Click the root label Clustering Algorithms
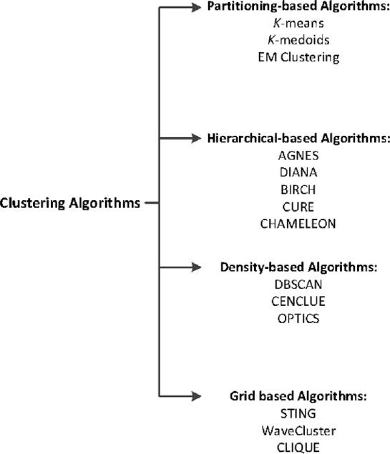[70, 203]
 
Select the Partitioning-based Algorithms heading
[298, 6]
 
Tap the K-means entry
[298, 23]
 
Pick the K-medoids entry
[298, 40]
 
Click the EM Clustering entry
[298, 57]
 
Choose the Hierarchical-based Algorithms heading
[298, 139]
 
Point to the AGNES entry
[298, 156]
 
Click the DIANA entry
[298, 172]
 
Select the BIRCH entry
[298, 189]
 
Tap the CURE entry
[298, 207]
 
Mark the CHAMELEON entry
[298, 224]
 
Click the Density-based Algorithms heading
[298, 267]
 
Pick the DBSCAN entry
[298, 285]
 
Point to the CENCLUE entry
[298, 302]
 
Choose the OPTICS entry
[298, 318]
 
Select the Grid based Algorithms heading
[298, 396]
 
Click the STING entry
[298, 413]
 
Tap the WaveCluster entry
[298, 430]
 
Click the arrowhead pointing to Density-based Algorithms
[196, 267]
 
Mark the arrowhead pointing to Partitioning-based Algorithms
[196, 7]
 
